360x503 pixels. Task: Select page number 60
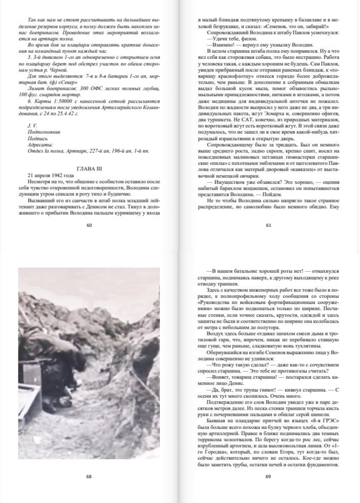click(89, 225)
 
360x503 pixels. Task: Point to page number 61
click(268, 225)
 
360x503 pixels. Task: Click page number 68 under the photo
click(89, 476)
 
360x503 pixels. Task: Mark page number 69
click(268, 476)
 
